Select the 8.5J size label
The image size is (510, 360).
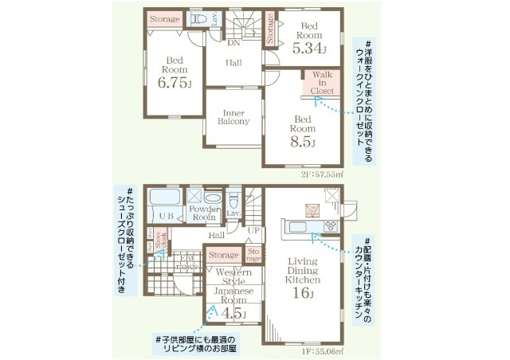(x=303, y=143)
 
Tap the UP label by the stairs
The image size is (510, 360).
(x=254, y=229)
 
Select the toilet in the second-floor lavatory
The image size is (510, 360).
(x=200, y=18)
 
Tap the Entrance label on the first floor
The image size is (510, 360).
(x=189, y=260)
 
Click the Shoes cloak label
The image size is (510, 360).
(x=159, y=237)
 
